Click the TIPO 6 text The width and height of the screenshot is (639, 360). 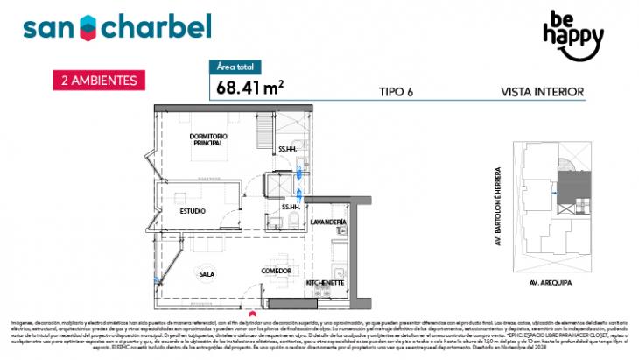(397, 91)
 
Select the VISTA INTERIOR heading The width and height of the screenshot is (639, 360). (542, 91)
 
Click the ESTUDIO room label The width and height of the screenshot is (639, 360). (193, 211)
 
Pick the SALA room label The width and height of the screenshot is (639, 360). (207, 274)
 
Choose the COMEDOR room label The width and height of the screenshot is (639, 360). (276, 272)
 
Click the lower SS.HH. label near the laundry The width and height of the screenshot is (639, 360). (291, 207)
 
